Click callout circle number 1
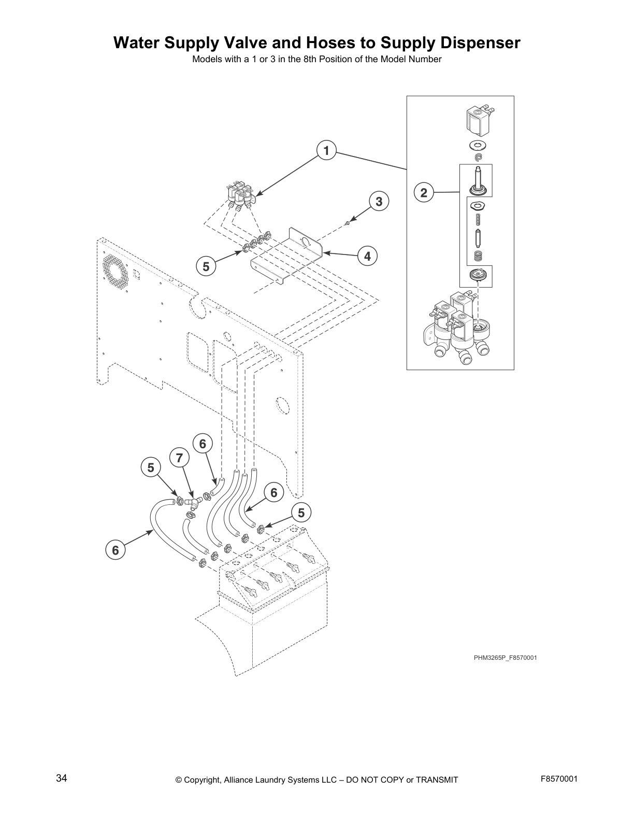[x=326, y=151]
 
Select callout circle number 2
[x=424, y=193]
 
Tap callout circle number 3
[x=379, y=201]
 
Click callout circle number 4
[x=367, y=256]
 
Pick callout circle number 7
[x=179, y=458]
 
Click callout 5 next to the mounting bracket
[x=206, y=267]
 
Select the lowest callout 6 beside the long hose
[x=116, y=550]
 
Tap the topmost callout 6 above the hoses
[x=203, y=444]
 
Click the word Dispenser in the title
[x=472, y=43]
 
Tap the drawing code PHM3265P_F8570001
[x=505, y=658]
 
